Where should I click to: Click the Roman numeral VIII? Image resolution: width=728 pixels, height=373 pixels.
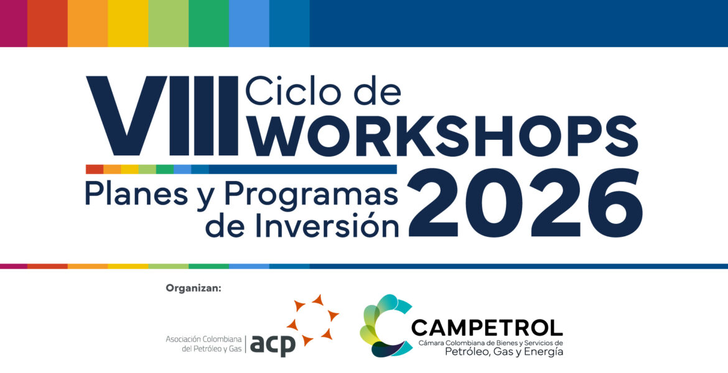coord(162,116)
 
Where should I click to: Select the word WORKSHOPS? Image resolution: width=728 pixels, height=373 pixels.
coord(442,136)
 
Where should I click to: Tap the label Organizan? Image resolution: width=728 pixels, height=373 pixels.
coord(194,288)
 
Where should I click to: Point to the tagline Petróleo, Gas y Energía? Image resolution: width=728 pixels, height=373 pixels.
coord(504,352)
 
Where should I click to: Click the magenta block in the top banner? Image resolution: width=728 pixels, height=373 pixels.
coord(14,23)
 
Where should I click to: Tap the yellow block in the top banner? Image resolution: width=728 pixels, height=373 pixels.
coord(128,23)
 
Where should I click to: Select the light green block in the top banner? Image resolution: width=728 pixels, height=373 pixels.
coord(169,23)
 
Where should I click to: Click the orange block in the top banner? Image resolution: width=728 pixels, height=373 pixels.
coord(88,23)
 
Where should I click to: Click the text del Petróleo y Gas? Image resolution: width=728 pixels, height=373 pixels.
coord(212,349)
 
